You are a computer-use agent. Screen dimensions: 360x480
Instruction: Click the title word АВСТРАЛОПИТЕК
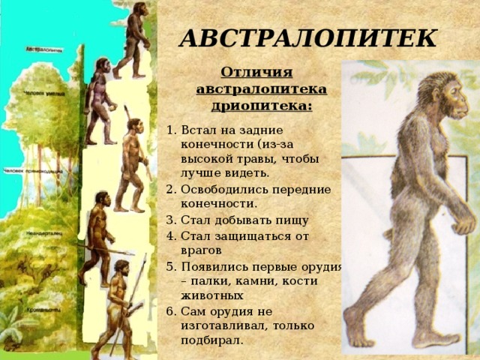tap(308, 37)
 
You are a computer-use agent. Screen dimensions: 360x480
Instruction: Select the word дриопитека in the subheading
tap(262, 105)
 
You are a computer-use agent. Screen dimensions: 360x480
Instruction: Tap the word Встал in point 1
tap(196, 128)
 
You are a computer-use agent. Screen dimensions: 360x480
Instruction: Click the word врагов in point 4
tap(201, 250)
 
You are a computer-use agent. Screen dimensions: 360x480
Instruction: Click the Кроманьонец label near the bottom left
tap(43, 307)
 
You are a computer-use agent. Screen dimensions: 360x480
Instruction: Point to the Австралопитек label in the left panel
tap(44, 50)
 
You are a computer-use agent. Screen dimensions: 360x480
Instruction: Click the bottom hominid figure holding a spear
tap(118, 307)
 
